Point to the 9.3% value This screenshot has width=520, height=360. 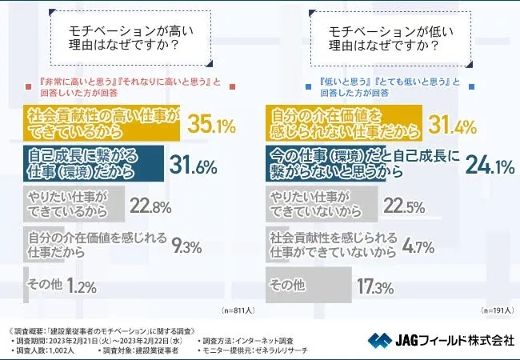click(x=185, y=246)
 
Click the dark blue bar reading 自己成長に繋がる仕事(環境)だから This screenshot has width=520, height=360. click(x=94, y=165)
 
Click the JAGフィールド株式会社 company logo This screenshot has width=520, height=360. click(x=438, y=339)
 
